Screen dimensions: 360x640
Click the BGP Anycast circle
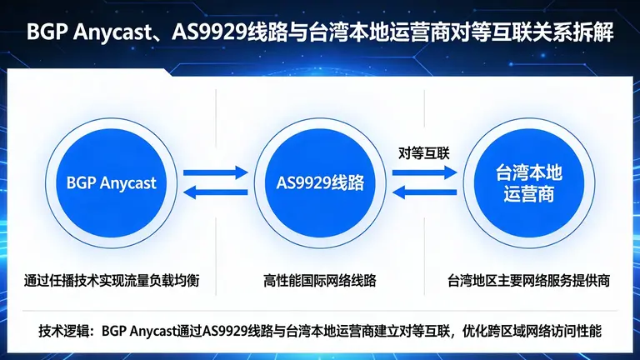pos(112,181)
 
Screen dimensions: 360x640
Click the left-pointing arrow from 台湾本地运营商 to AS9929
pos(422,193)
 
